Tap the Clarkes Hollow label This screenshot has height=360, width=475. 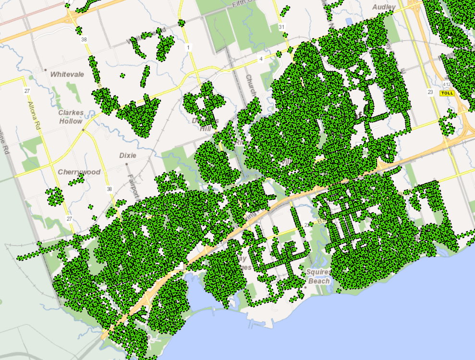[x=71, y=117]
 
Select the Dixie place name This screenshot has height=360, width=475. [x=128, y=156]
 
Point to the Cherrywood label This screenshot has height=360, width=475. [x=79, y=172]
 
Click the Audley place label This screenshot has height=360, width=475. [x=384, y=7]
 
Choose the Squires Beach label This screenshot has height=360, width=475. [x=318, y=276]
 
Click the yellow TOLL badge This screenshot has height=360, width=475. [x=447, y=93]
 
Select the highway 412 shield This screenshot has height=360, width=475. [x=447, y=84]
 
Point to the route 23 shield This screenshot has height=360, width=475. [x=430, y=91]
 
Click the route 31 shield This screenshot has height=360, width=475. [x=282, y=27]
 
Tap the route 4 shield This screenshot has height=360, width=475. [x=261, y=59]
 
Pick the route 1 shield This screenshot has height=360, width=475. [x=188, y=47]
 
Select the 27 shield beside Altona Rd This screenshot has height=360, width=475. [x=26, y=91]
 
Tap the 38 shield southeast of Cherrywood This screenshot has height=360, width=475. [x=110, y=189]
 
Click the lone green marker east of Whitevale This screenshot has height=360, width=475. [x=122, y=75]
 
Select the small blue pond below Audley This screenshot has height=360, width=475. [x=348, y=22]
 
